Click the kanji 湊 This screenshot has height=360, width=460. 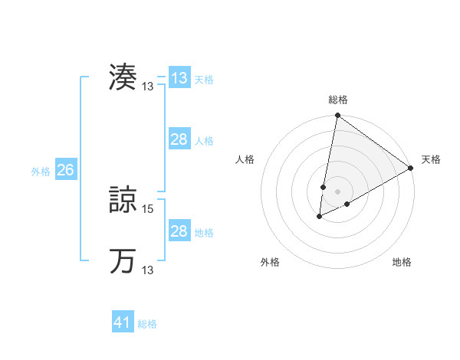coord(123,77)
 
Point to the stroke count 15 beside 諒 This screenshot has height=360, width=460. coord(149,208)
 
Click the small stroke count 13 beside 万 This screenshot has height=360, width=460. coord(149,270)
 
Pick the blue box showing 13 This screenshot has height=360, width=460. coord(179,78)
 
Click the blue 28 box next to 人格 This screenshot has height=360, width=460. coord(179,139)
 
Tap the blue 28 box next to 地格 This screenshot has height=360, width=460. coord(179,231)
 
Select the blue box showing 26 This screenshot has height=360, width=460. coord(65,170)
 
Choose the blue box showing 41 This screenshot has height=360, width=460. coord(123,322)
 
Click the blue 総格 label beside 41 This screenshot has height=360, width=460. coord(147,324)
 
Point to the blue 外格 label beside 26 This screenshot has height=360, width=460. coord(41,172)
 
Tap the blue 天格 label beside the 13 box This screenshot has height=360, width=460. coord(204,80)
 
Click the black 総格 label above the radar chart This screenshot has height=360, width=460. coord(337,100)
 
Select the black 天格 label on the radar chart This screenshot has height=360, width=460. coord(431,159)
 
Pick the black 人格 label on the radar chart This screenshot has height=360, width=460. coord(245,159)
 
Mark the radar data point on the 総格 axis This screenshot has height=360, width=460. coord(337,116)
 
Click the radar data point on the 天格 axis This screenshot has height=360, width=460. coord(411,168)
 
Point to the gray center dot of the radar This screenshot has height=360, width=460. coord(337,191)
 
